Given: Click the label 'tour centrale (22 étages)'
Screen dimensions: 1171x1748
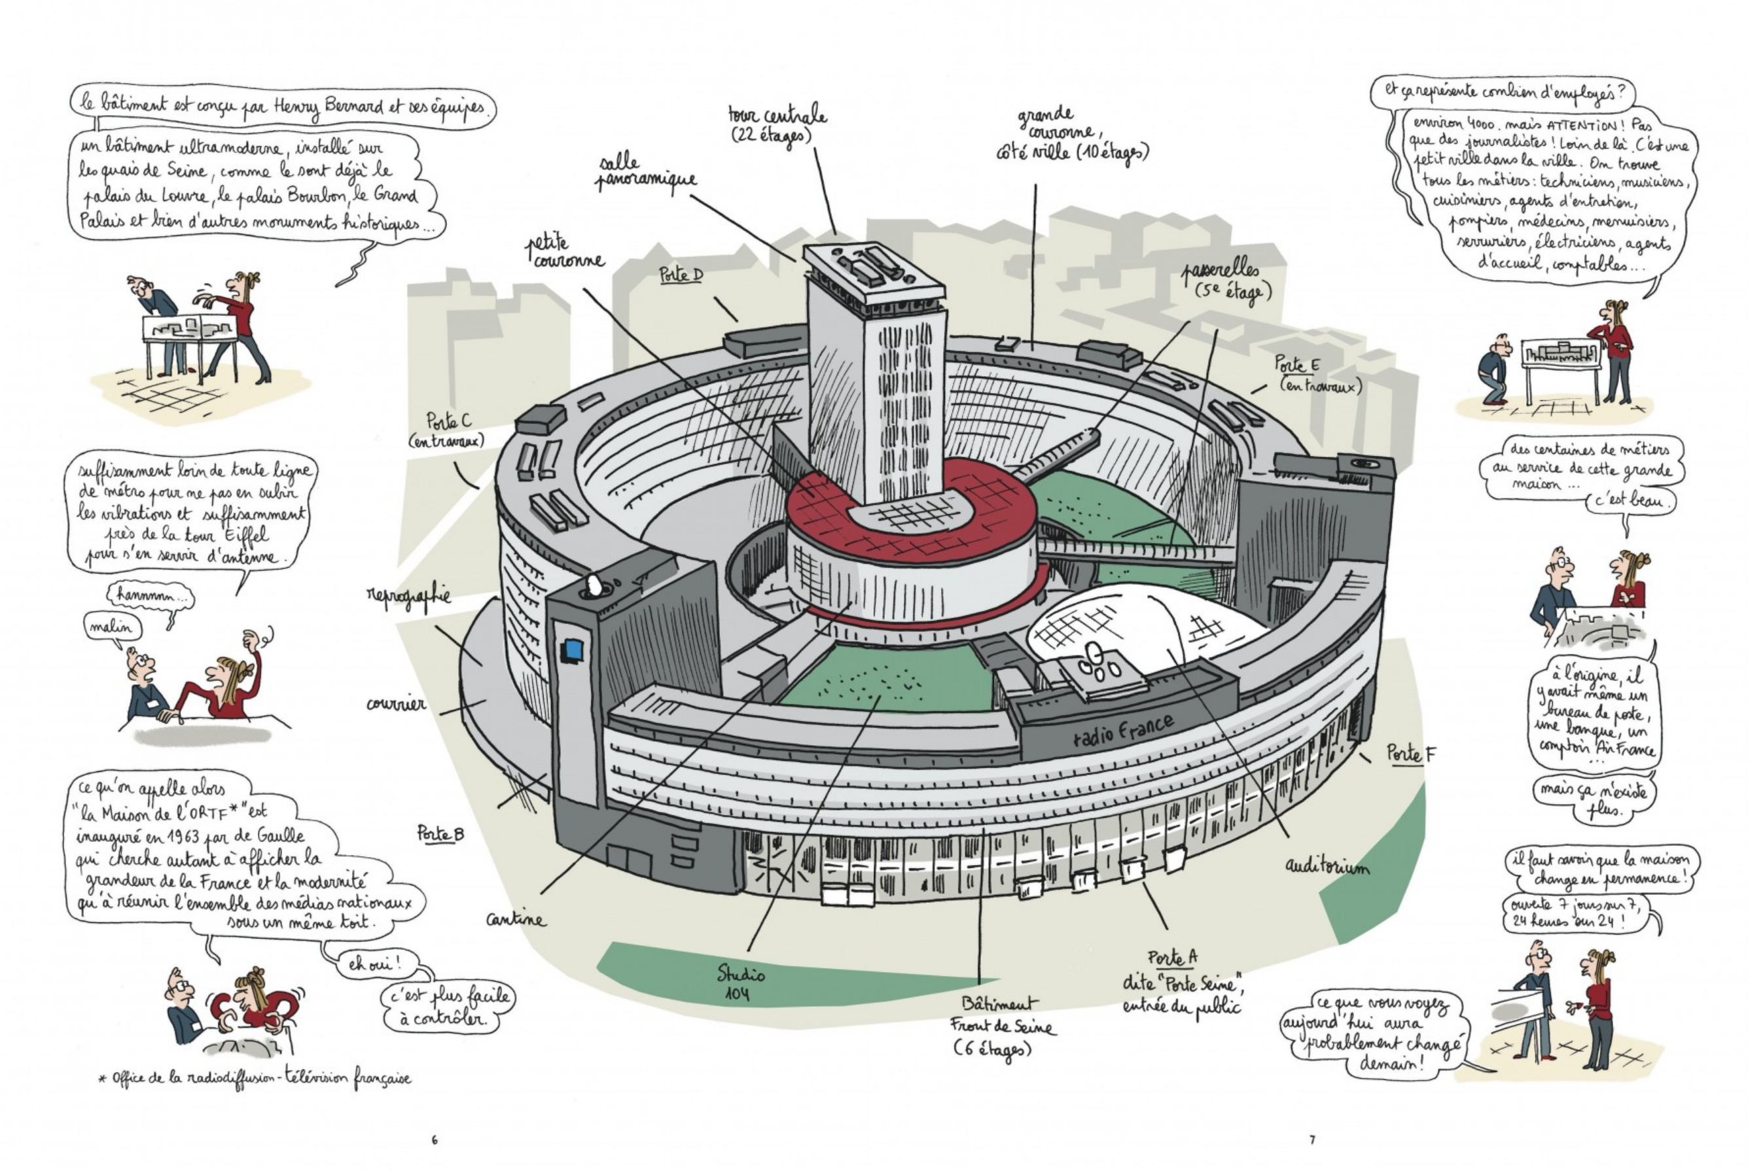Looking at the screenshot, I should (x=777, y=125).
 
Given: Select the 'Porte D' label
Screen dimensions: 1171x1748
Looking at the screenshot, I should (x=681, y=275).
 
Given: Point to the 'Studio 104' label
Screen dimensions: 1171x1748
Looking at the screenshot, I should (x=740, y=983).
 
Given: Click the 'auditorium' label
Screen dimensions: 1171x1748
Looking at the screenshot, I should (x=1327, y=865).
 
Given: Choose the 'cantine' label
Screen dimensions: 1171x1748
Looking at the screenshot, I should (x=516, y=919).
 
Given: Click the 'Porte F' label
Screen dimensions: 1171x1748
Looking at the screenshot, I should (x=1410, y=754).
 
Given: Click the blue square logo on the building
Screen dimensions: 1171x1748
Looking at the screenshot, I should (x=572, y=650).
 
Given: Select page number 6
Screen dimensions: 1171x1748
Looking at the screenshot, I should (x=435, y=1140).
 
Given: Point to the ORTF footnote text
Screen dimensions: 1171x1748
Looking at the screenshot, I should (x=254, y=1078).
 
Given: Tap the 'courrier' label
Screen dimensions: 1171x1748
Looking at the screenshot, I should (x=396, y=705).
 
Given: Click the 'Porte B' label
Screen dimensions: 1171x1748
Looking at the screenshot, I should (x=440, y=833).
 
